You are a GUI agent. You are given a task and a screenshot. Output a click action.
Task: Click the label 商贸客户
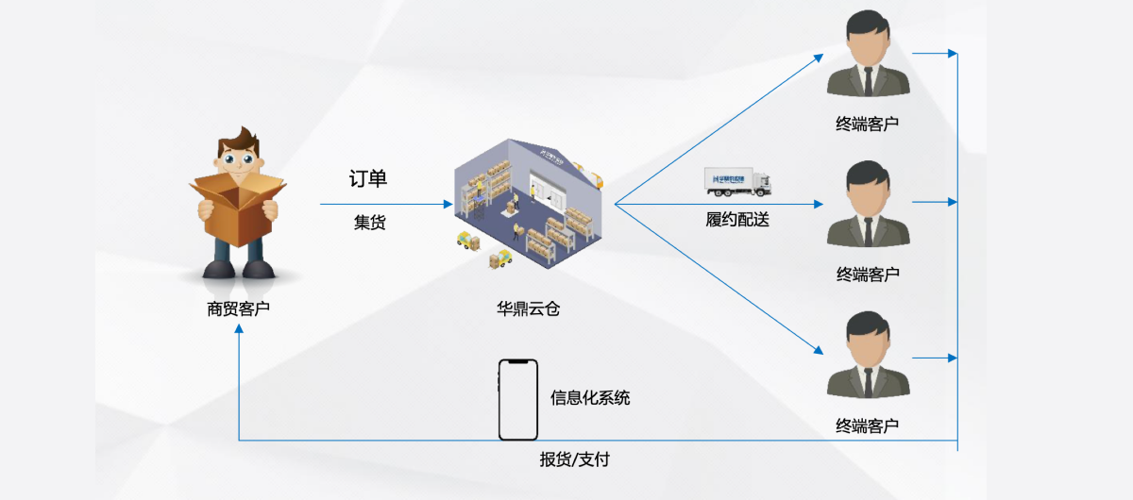click(x=238, y=308)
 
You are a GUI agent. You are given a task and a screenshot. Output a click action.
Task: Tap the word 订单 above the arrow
click(x=368, y=179)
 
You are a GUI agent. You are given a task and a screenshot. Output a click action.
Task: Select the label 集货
click(x=369, y=223)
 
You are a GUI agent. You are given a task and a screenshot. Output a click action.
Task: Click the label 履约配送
click(x=737, y=221)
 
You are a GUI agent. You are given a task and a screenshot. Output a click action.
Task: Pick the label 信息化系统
click(x=590, y=398)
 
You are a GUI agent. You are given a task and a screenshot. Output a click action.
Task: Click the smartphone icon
click(x=517, y=400)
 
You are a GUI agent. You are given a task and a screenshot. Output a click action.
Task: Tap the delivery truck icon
click(x=737, y=182)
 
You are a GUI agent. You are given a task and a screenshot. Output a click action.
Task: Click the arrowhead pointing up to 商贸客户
click(x=239, y=330)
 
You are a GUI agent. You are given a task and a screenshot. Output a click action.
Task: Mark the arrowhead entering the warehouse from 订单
click(x=448, y=204)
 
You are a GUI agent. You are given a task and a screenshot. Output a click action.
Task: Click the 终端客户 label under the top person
click(x=867, y=125)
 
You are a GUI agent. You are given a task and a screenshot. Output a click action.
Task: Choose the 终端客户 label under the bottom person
click(x=867, y=425)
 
